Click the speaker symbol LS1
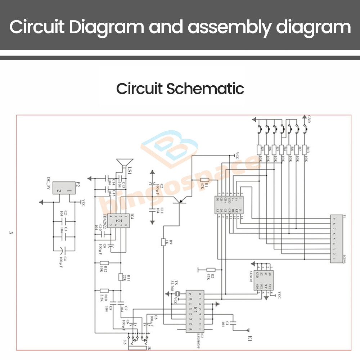[125, 164]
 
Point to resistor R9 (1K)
[163, 242]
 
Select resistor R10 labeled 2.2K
[104, 291]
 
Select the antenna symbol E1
[248, 330]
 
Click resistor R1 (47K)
[204, 180]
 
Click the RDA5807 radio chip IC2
[194, 311]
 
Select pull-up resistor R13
[305, 150]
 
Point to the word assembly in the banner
[210, 28]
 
